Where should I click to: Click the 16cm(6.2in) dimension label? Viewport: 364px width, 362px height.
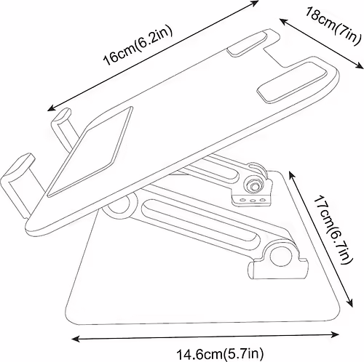(x=138, y=46)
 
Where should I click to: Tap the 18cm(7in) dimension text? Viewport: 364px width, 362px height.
(x=332, y=26)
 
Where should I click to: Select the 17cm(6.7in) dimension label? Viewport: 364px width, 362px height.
(x=332, y=230)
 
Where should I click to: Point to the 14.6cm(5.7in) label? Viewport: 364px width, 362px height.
(x=220, y=354)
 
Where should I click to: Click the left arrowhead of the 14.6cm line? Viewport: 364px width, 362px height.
(x=75, y=339)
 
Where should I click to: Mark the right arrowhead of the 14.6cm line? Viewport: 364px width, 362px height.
(x=336, y=335)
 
